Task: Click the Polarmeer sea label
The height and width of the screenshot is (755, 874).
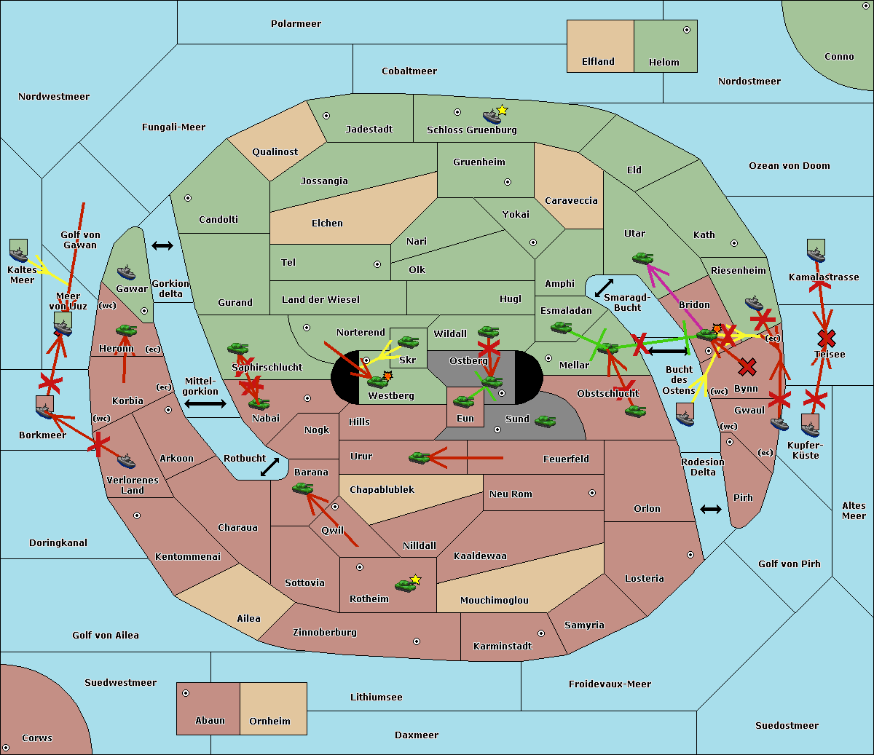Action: (296, 24)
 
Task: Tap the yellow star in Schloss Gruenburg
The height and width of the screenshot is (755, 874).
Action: (502, 110)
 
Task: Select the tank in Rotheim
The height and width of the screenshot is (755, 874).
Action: (405, 585)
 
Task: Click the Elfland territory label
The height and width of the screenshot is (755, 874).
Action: (598, 62)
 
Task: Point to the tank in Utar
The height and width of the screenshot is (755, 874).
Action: (642, 258)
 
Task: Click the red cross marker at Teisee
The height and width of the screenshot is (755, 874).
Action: (826, 338)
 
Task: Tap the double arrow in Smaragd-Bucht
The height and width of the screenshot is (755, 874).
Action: (604, 288)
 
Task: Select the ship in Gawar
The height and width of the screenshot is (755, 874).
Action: (126, 273)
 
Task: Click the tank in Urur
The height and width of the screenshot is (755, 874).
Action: (419, 457)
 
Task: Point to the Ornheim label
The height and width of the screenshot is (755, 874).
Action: (269, 722)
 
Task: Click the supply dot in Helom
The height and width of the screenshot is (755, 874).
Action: (686, 30)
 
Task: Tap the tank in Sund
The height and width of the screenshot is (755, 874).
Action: (545, 421)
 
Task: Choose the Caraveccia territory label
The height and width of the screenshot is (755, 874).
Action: (571, 201)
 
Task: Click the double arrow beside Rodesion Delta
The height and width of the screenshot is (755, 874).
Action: (711, 509)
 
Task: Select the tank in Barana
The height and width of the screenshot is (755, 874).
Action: (302, 488)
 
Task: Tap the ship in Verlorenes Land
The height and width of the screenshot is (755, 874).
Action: (126, 461)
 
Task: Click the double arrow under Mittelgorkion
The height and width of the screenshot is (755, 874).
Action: (205, 403)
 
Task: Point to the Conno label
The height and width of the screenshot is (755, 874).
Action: (839, 57)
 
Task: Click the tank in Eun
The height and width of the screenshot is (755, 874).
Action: (463, 401)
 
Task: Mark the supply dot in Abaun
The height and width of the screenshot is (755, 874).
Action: (186, 693)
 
